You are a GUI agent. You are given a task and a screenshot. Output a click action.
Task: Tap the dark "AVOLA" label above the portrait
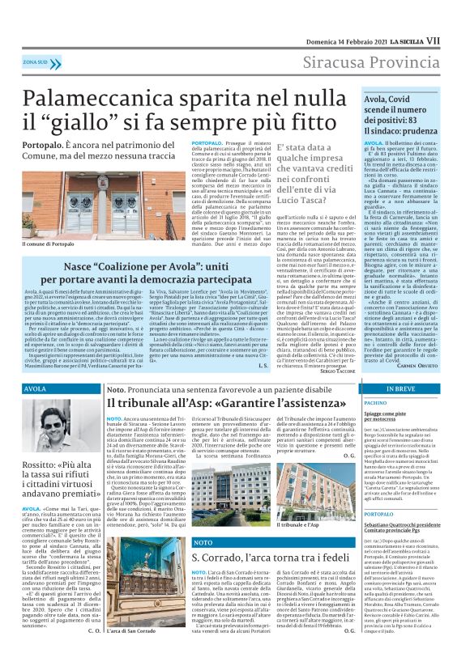click(36, 390)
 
